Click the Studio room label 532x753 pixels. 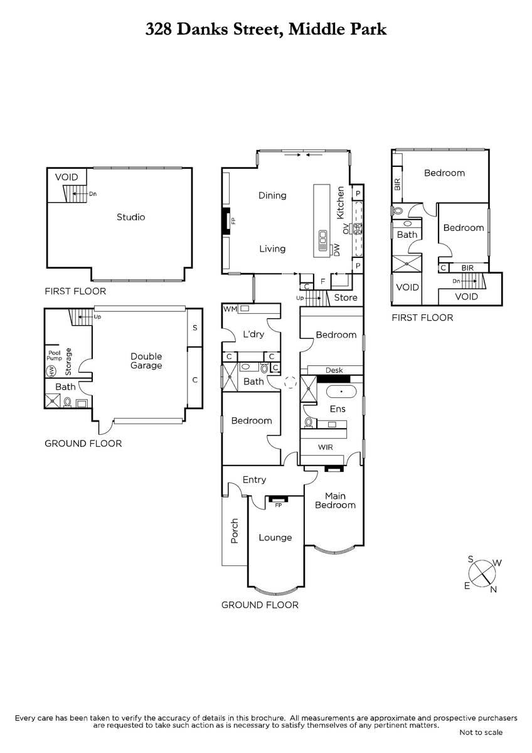point(130,217)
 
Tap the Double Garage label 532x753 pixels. point(146,361)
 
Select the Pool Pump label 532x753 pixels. point(55,355)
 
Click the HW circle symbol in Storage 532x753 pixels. point(51,371)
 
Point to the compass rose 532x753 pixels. point(482,574)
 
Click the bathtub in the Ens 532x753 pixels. point(341,392)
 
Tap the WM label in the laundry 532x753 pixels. point(230,309)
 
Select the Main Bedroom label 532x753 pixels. point(335,500)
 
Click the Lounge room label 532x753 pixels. point(275,538)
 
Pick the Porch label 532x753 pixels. point(235,531)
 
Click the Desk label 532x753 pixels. point(334,370)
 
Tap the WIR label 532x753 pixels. point(326,447)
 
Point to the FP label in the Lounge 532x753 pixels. point(279,505)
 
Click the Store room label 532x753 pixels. point(346,297)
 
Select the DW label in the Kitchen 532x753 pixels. point(337,250)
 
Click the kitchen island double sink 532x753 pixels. point(322,237)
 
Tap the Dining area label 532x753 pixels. point(272,195)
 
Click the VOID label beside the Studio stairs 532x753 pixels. point(66,177)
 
